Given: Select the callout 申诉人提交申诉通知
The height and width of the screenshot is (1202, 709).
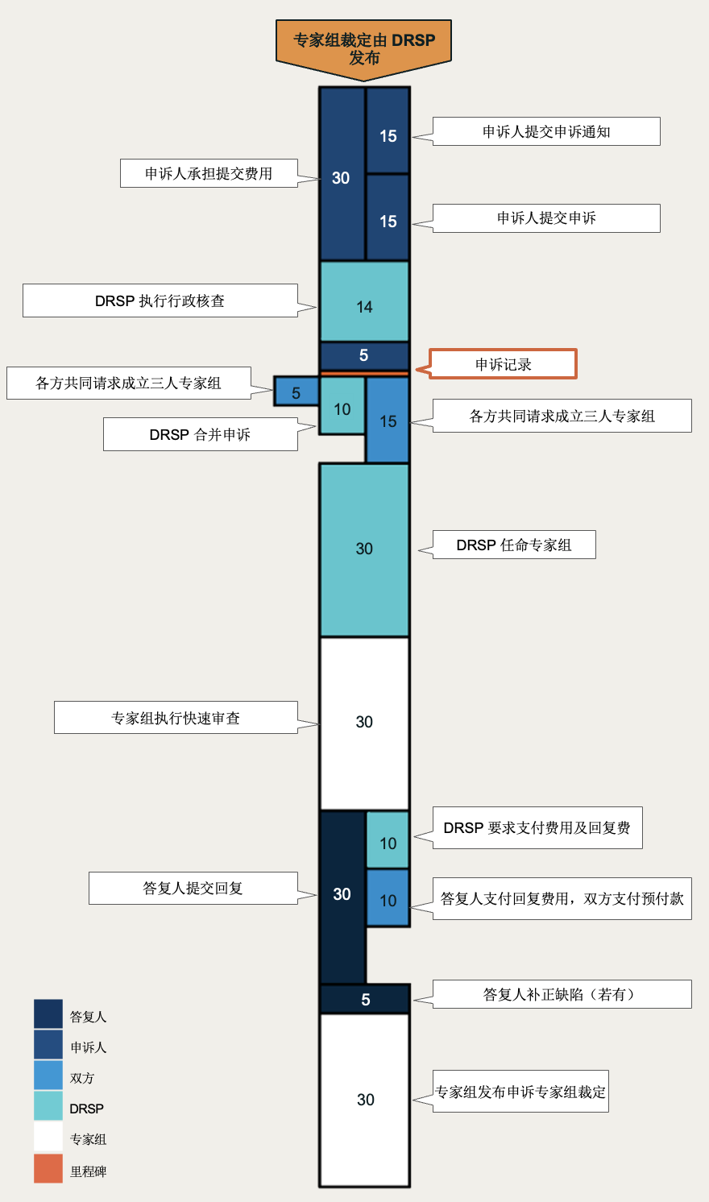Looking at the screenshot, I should click(546, 132).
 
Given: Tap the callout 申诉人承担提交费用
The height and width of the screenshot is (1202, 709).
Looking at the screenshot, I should click(209, 173).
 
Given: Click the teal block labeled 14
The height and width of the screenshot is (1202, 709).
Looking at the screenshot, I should click(364, 302).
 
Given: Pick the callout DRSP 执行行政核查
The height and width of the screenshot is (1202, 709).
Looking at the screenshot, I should click(160, 300).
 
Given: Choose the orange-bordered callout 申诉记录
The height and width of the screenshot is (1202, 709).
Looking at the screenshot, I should click(504, 364).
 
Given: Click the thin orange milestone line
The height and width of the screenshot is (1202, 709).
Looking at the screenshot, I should click(364, 374).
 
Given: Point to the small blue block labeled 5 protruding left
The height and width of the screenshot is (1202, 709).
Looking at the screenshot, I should click(296, 392).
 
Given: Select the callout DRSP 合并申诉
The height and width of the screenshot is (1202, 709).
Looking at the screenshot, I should click(200, 434).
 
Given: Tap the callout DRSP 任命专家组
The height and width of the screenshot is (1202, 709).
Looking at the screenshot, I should click(514, 545).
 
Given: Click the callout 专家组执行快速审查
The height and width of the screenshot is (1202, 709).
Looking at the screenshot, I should click(176, 718).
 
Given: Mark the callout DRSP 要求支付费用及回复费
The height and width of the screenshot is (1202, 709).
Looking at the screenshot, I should click(537, 828).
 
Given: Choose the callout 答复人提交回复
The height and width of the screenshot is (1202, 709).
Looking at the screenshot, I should click(193, 888).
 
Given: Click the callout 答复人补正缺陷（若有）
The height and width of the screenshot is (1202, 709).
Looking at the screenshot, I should click(562, 994).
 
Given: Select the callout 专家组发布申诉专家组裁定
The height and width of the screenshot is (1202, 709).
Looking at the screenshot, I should click(520, 1092).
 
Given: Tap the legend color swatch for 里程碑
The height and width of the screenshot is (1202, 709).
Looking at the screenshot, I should click(48, 1169).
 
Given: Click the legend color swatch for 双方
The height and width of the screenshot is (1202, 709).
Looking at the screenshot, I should click(48, 1076).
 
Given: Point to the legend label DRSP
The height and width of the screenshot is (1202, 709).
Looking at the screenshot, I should click(86, 1109).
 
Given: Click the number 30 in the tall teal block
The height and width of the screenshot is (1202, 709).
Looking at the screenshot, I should click(364, 549).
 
